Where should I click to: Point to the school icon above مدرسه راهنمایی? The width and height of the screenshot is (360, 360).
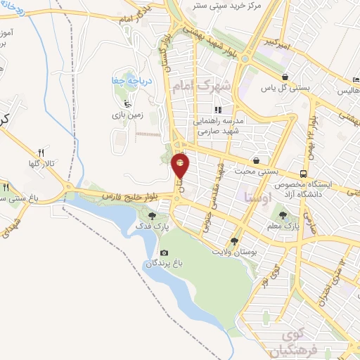(x=218, y=110)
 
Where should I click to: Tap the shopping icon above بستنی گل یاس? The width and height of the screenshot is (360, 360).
(x=285, y=77)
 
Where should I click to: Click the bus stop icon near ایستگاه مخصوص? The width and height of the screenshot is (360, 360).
(x=303, y=173)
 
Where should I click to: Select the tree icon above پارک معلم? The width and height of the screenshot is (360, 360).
(x=283, y=215)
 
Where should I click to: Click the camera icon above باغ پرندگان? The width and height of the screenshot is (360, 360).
(x=164, y=252)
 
